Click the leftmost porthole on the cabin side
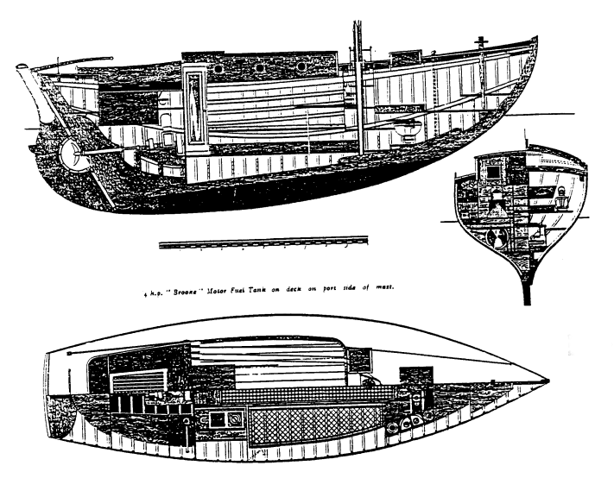pyautogui.click(x=218, y=66)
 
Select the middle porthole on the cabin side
pyautogui.click(x=260, y=66)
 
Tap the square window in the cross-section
pyautogui.click(x=495, y=173)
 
